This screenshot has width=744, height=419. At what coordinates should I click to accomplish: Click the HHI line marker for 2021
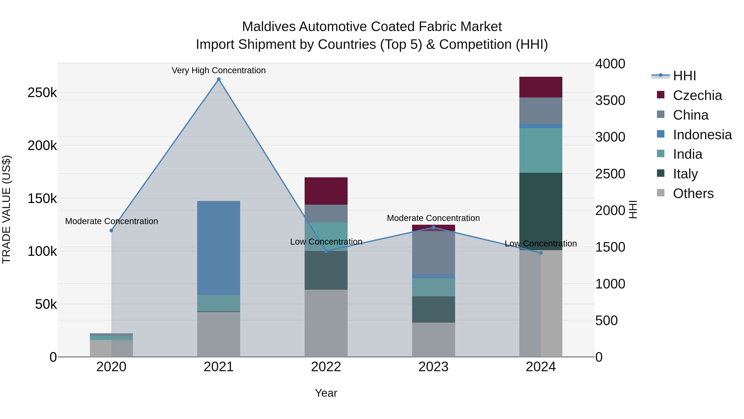219,79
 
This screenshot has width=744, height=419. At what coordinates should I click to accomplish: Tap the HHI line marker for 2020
111,231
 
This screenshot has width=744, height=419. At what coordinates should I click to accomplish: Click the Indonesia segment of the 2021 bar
219,248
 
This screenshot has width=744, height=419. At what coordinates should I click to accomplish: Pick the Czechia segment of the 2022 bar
326,191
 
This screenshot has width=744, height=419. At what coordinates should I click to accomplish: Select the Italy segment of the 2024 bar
541,211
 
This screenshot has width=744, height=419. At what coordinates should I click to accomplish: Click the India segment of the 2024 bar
541,150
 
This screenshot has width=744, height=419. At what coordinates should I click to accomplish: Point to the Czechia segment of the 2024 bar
541,87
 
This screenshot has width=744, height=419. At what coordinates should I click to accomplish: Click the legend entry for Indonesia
702,135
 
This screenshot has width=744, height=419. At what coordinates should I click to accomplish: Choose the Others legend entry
693,193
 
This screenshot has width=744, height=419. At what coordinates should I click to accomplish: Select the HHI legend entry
684,76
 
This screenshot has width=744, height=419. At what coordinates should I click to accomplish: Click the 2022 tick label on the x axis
326,367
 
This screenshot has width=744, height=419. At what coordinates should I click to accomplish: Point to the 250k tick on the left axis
42,93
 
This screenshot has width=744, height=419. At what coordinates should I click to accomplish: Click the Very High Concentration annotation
219,70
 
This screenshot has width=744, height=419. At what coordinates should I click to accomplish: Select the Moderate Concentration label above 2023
433,218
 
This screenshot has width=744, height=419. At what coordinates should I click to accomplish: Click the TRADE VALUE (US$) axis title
6,209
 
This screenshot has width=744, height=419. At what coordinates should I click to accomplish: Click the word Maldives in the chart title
269,27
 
